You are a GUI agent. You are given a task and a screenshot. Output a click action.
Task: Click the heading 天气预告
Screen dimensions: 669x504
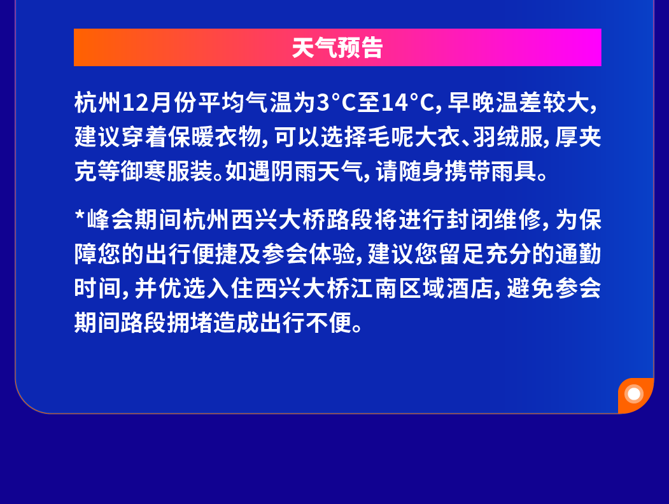click(337, 47)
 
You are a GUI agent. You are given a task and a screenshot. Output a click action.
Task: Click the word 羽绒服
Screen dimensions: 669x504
click(507, 137)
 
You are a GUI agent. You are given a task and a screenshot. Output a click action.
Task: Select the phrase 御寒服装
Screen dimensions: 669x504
click(167, 171)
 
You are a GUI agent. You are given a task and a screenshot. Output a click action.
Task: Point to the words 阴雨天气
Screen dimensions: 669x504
click(318, 171)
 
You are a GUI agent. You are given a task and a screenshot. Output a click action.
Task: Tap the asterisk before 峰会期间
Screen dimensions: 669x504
click(80, 214)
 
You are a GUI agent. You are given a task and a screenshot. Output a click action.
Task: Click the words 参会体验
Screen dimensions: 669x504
click(309, 254)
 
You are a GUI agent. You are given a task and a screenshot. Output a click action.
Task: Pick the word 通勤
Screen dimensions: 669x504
click(578, 254)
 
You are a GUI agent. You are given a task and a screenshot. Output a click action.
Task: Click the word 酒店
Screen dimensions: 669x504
click(469, 288)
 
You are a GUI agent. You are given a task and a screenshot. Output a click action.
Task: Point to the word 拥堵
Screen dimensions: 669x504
click(190, 323)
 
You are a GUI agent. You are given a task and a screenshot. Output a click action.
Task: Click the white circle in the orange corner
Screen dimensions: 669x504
click(634, 394)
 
